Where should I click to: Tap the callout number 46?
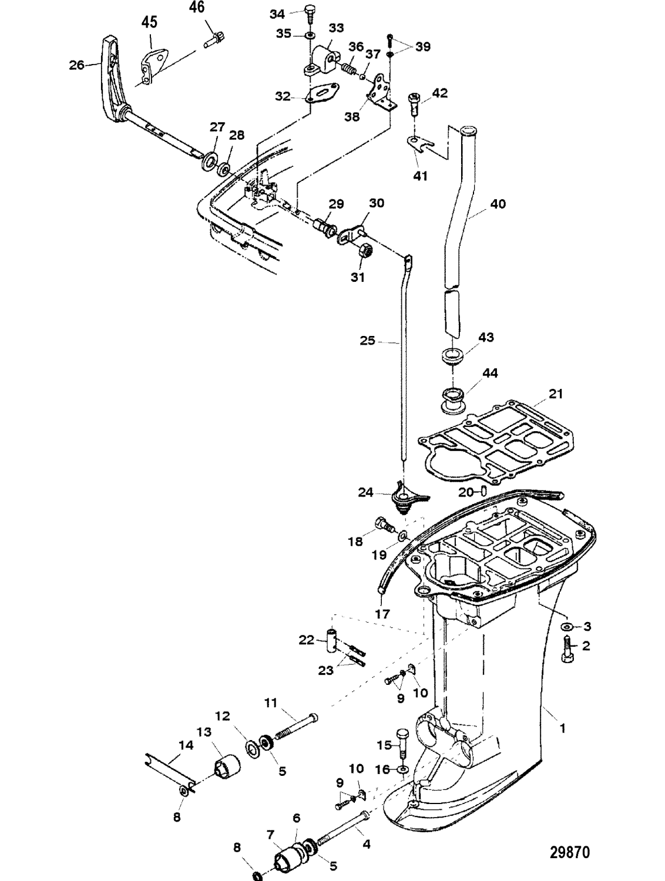click(x=197, y=8)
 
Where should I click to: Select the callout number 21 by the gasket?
click(x=555, y=394)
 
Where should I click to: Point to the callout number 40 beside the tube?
click(x=497, y=204)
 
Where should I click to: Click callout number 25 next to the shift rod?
click(x=367, y=340)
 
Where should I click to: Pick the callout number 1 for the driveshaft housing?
click(x=562, y=728)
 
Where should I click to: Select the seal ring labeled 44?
click(x=452, y=399)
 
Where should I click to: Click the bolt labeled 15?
click(x=403, y=742)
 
